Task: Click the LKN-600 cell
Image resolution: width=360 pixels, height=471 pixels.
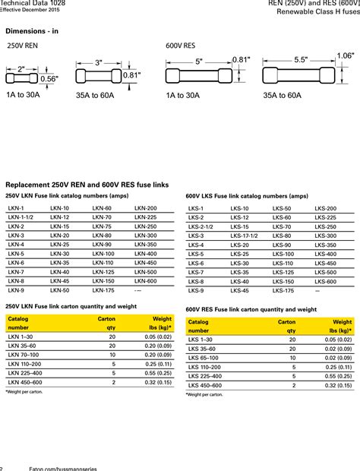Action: (x=146, y=281)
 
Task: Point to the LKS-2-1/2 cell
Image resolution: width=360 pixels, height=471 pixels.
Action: (x=201, y=226)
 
